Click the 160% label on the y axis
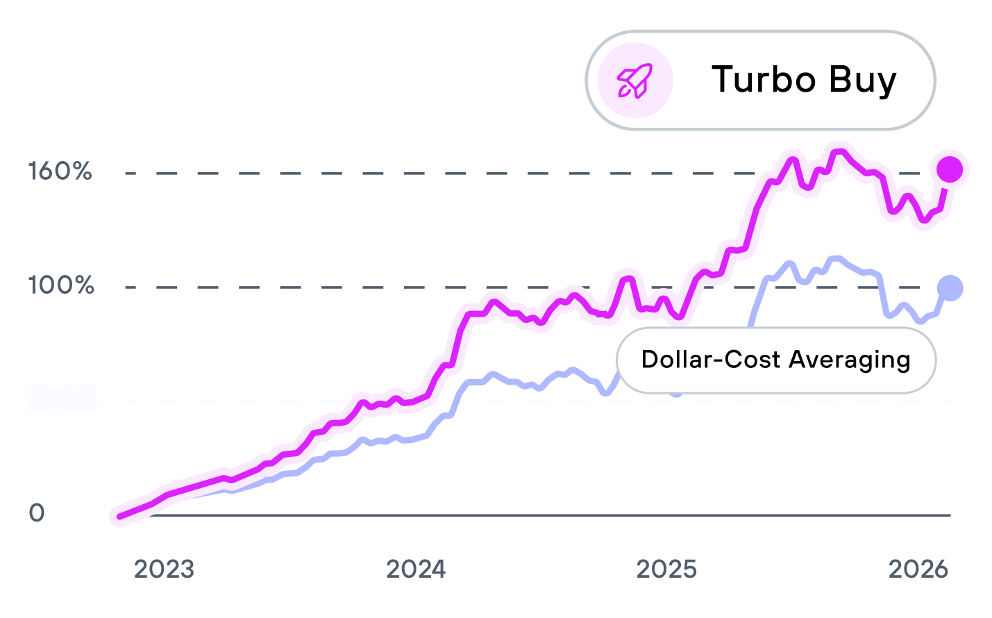coord(60,172)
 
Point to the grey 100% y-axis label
coord(61,285)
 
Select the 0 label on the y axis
coord(37,513)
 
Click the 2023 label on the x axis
coord(164,569)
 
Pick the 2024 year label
coord(416,569)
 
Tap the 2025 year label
coord(666,569)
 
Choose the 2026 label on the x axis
coord(918,569)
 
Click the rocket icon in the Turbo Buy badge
coord(635,81)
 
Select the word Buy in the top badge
coord(863,81)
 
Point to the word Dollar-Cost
coord(711,360)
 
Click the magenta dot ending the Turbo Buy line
coord(950,169)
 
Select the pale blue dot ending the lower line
coord(950,287)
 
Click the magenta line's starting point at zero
coord(119,516)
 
